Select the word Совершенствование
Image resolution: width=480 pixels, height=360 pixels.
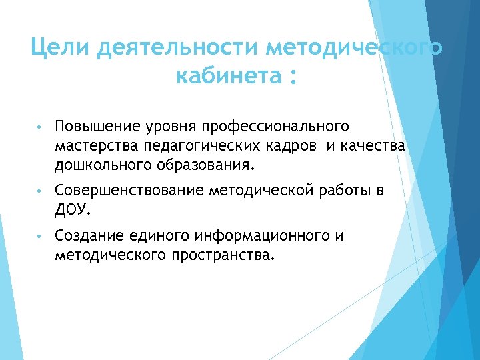coord(130,192)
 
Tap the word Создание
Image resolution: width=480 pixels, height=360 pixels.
coord(89,236)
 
